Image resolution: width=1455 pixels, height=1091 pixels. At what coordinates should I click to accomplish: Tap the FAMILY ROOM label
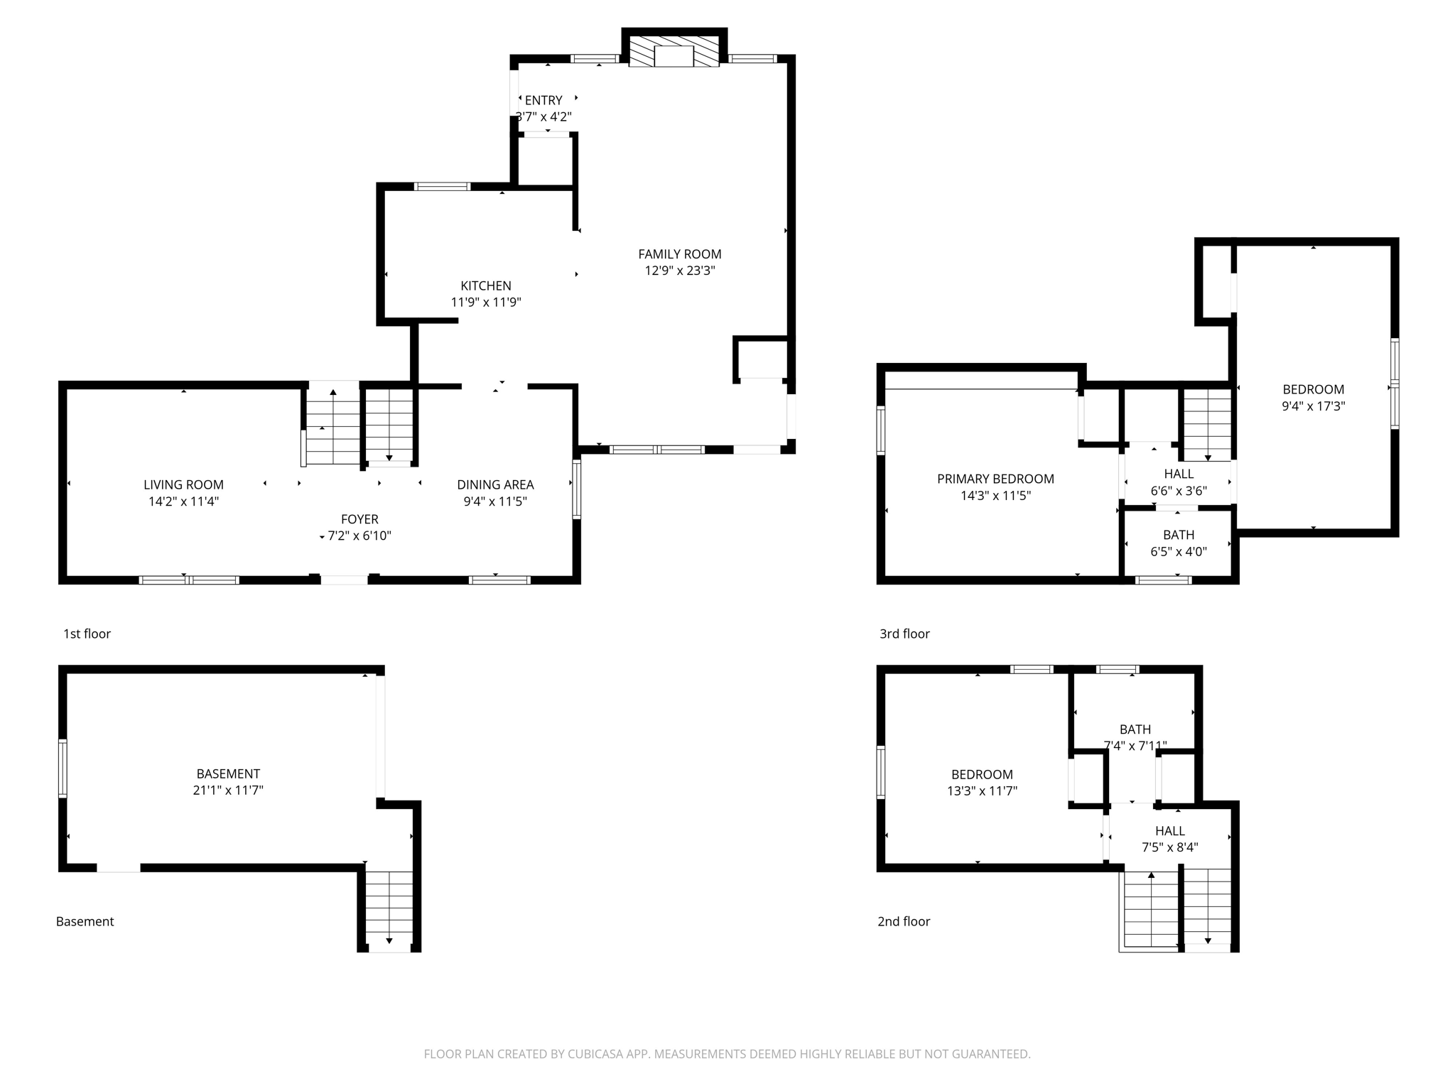(x=679, y=254)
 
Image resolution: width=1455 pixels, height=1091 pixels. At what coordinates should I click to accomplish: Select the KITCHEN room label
(x=486, y=286)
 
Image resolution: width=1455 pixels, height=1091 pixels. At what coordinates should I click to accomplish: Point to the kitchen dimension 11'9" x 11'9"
(x=486, y=302)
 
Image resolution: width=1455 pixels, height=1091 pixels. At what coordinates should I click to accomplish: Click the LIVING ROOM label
(x=183, y=484)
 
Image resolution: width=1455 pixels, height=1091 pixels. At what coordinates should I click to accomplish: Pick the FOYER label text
(x=359, y=519)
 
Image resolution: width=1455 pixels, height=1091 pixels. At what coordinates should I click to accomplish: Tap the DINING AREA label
(x=495, y=484)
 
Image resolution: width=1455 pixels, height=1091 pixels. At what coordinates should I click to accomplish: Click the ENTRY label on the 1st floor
(x=543, y=100)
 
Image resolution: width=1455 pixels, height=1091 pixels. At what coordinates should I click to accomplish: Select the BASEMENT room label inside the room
(x=228, y=774)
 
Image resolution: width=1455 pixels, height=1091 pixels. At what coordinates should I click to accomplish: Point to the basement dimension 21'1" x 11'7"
(x=228, y=790)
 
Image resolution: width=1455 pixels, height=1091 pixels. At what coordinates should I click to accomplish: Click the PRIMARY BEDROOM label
(x=995, y=479)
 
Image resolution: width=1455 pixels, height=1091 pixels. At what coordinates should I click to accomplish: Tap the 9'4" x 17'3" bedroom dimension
(x=1313, y=406)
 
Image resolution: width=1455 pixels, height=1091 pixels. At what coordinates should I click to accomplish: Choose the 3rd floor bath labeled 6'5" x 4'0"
(x=1179, y=543)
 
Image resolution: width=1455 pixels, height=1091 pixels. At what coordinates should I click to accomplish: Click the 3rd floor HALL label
(x=1179, y=474)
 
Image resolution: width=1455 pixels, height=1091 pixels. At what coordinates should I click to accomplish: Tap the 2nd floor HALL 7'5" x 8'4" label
(x=1169, y=839)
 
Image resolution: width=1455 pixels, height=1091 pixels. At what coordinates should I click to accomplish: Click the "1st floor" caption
(x=87, y=634)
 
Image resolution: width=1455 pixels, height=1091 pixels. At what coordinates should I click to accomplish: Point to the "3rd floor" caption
(x=904, y=634)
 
